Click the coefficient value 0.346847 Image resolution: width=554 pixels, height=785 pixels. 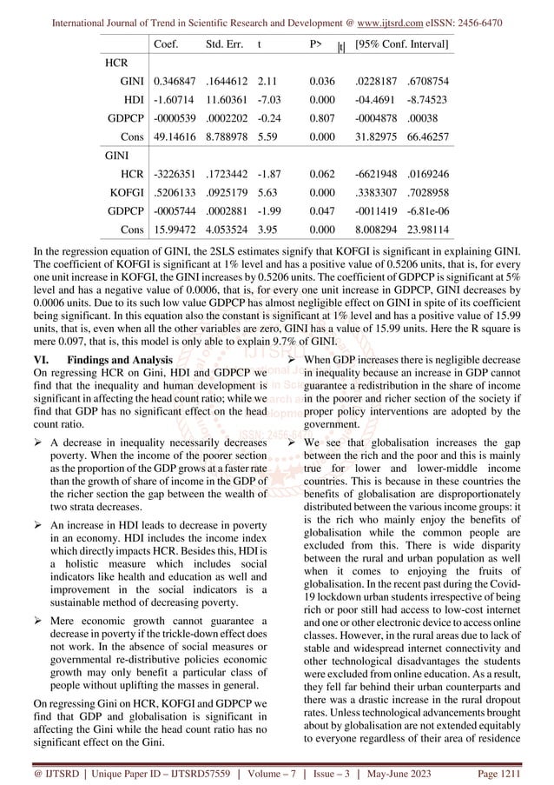click(x=175, y=80)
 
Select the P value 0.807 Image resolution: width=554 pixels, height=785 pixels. click(x=320, y=119)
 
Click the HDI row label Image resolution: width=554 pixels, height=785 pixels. click(x=132, y=100)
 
